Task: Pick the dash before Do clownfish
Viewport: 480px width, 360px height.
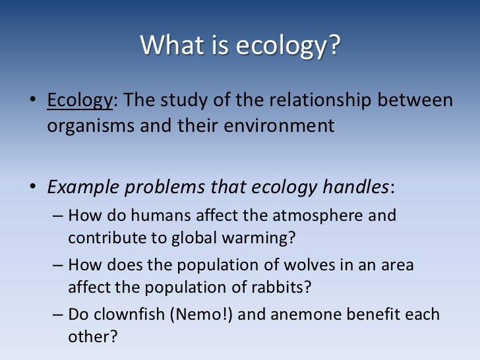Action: point(57,315)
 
